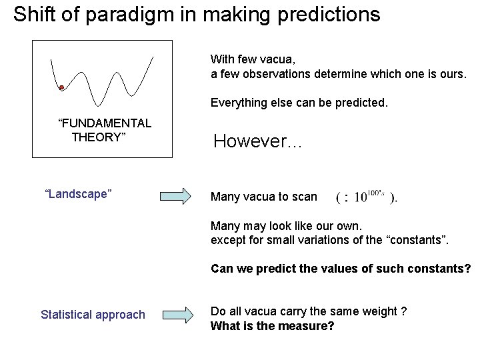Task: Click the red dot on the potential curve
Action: [x=61, y=88]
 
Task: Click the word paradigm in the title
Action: [x=129, y=14]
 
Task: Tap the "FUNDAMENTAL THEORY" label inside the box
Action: [x=105, y=130]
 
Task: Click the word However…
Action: [x=257, y=141]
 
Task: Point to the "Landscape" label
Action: [x=78, y=194]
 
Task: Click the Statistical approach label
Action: [x=93, y=314]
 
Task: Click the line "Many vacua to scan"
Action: [x=264, y=197]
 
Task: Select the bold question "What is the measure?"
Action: [x=272, y=326]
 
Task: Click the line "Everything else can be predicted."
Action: [x=299, y=103]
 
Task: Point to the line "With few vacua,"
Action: [x=253, y=59]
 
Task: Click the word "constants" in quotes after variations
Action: [x=417, y=240]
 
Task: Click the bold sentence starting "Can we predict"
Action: [x=340, y=269]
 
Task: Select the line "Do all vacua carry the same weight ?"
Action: [x=309, y=311]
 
